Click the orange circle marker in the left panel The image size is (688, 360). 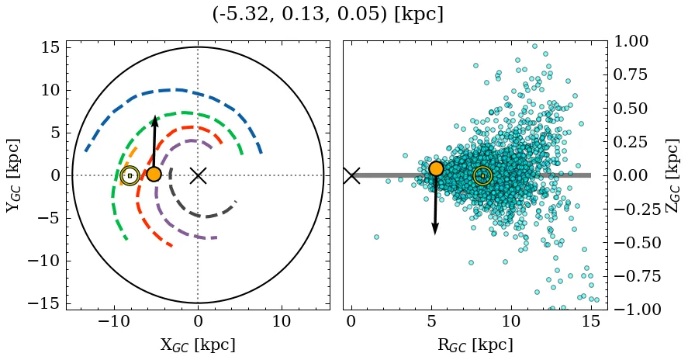coord(154,175)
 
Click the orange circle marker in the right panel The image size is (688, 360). coord(436,168)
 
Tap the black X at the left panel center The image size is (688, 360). coord(198,175)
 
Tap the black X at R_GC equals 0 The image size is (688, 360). coord(351,175)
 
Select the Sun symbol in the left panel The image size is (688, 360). coord(130,176)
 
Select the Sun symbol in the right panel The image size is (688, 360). coord(482,176)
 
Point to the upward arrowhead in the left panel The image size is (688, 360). coord(155,120)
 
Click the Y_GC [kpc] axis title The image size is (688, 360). coord(14,175)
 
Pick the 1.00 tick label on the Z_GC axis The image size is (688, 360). coord(637,41)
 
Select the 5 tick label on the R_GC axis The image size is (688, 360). coord(431,321)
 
